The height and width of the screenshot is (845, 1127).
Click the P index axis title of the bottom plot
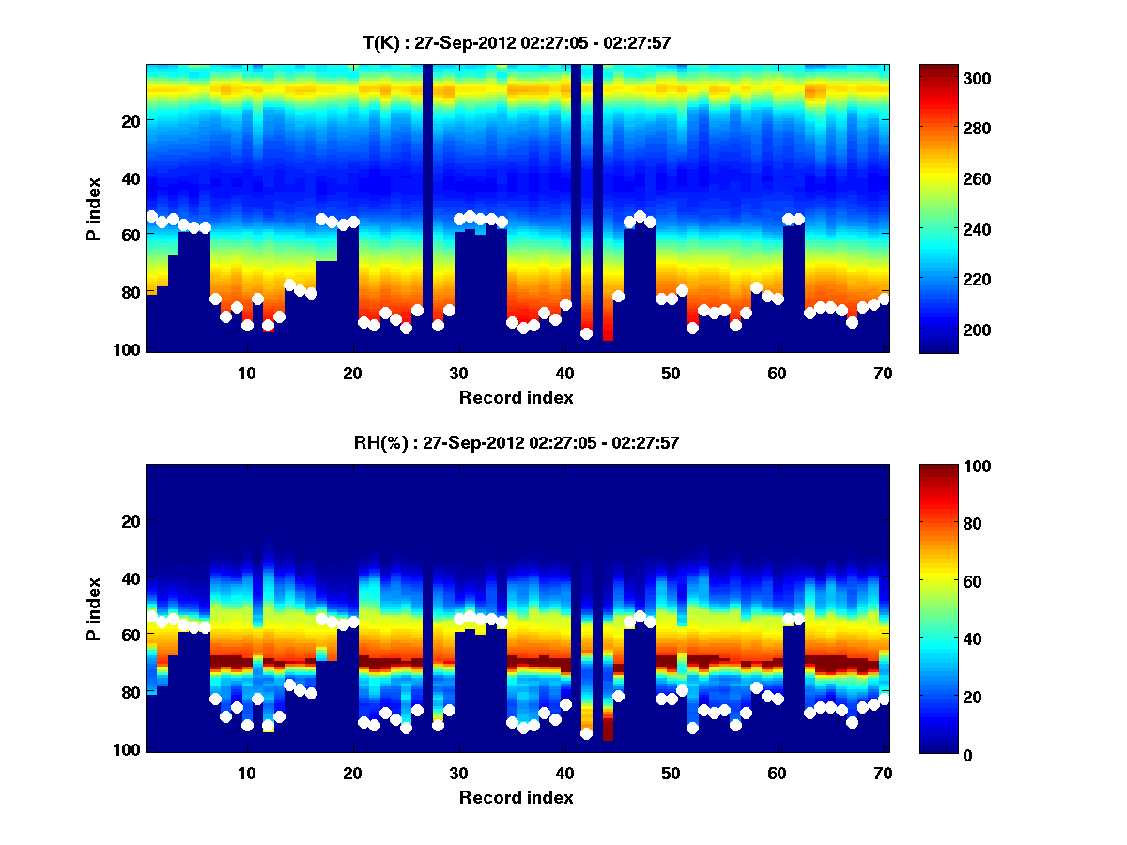(x=93, y=609)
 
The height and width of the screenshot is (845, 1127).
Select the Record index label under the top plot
(x=516, y=398)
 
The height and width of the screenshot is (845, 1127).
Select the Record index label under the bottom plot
(x=516, y=798)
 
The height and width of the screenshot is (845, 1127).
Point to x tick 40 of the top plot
(x=565, y=373)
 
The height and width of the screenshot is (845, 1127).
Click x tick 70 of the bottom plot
(x=884, y=773)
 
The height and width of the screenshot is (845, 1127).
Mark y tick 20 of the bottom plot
(x=130, y=521)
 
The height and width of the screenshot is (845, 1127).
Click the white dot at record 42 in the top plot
(x=586, y=333)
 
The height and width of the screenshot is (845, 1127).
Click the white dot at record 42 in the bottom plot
(x=586, y=733)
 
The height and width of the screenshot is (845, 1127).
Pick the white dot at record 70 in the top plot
(x=884, y=299)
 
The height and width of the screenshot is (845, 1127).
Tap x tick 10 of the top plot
(x=247, y=373)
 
